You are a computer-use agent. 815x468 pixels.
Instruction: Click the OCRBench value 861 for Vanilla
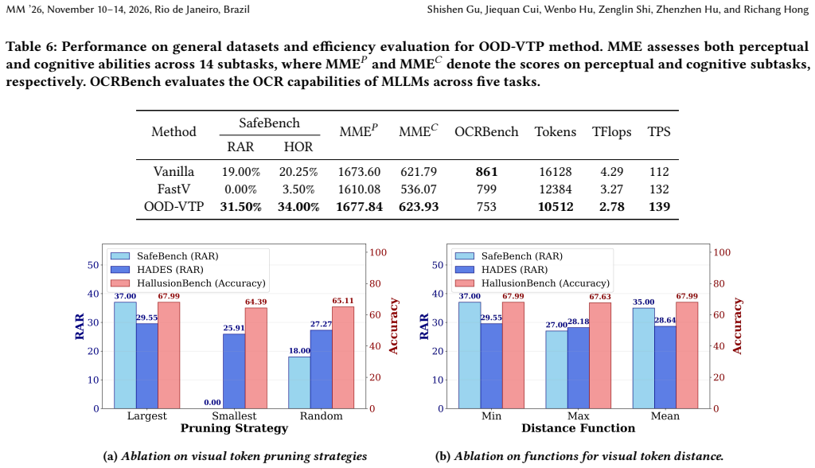point(486,172)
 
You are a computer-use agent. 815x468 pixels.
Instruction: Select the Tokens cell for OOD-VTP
point(556,206)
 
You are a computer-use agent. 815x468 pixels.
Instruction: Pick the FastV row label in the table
point(174,189)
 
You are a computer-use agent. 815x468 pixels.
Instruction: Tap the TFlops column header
point(612,131)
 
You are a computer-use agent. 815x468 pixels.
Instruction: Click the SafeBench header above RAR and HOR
point(269,123)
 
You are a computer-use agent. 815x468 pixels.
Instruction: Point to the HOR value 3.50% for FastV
point(298,189)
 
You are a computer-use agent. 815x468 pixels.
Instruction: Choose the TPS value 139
point(659,206)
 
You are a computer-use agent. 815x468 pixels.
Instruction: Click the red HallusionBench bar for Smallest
point(255,358)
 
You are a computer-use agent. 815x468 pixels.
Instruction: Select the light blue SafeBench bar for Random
point(299,383)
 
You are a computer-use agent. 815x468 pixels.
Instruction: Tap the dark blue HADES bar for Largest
point(147,366)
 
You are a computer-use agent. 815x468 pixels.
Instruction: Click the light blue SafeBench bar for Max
point(556,370)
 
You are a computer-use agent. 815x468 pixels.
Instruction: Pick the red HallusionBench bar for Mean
point(687,355)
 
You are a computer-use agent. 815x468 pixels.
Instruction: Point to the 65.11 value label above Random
point(342,301)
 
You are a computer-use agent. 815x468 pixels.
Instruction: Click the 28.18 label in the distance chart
point(579,322)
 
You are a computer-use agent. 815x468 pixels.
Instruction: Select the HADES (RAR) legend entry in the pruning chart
point(157,269)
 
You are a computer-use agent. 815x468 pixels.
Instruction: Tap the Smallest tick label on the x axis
point(234,416)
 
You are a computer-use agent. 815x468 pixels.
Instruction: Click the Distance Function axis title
point(578,428)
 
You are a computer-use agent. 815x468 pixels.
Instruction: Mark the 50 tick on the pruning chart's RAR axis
point(93,265)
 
